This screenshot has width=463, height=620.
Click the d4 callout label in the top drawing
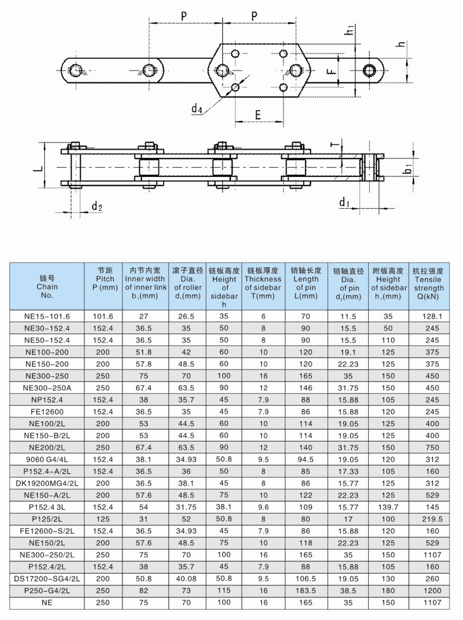(x=197, y=109)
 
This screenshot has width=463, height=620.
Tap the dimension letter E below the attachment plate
(x=258, y=114)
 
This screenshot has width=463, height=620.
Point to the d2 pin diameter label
(x=97, y=206)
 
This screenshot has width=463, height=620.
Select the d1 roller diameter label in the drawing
(x=344, y=202)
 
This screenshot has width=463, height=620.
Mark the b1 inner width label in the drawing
(x=408, y=169)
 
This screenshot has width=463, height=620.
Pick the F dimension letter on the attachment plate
(x=331, y=72)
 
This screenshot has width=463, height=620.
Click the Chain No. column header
(x=47, y=287)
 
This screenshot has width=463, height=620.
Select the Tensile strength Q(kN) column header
(x=428, y=283)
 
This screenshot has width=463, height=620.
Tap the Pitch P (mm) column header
(x=105, y=279)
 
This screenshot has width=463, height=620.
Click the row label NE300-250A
(x=47, y=388)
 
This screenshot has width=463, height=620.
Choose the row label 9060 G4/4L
(x=47, y=460)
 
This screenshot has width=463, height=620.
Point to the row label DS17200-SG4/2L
(x=47, y=579)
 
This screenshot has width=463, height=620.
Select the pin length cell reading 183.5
(x=306, y=591)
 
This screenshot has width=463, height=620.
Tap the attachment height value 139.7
(x=388, y=507)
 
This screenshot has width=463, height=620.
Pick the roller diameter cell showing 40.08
(x=186, y=579)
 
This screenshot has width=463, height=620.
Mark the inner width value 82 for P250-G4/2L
(x=144, y=591)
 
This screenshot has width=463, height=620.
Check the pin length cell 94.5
(x=306, y=460)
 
